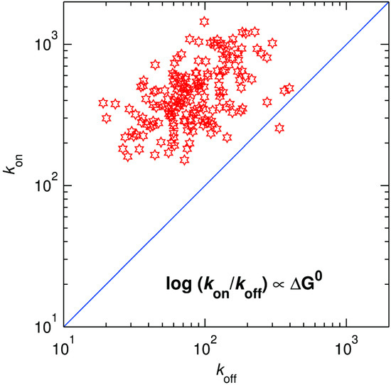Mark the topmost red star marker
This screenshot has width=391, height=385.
205,21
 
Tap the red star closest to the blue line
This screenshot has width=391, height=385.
279,129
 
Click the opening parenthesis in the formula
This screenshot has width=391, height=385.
195,290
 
